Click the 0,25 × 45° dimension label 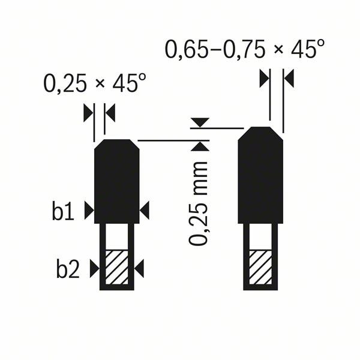coord(94,83)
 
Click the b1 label coord(62,211)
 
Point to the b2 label coord(68,269)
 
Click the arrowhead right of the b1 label coord(89,210)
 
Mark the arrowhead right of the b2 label coord(94,269)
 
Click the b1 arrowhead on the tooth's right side coord(144,210)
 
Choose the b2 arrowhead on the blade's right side coord(139,269)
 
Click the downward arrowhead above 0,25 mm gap coord(199,122)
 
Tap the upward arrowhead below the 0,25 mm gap coord(199,146)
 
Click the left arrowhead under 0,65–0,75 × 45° coord(263,78)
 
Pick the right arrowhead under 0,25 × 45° coord(110,112)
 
